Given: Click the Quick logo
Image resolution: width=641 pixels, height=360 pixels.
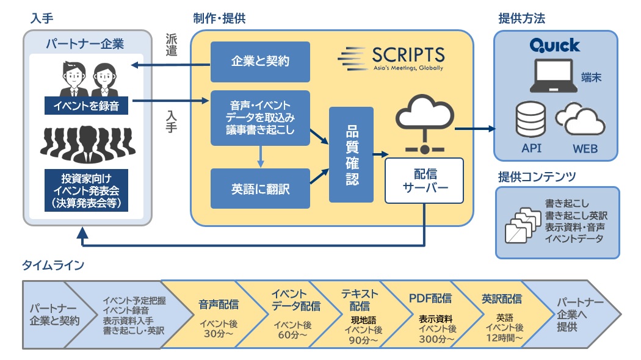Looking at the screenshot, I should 555,45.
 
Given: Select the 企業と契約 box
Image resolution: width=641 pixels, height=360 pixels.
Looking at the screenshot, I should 260,62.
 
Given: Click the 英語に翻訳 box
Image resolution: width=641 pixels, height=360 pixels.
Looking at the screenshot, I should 260,189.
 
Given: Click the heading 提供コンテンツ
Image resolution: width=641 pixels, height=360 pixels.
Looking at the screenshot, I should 537,178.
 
